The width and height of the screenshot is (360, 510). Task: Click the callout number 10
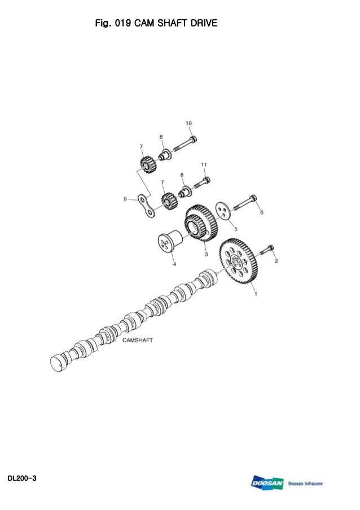click(188, 123)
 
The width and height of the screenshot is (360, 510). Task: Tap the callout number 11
click(204, 164)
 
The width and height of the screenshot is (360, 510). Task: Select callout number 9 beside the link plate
click(125, 198)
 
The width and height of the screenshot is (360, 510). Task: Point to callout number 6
click(261, 212)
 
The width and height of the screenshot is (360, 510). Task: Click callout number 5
click(235, 229)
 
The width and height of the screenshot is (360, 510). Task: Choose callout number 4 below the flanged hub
click(174, 263)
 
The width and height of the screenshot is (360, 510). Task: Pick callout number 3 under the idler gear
click(206, 255)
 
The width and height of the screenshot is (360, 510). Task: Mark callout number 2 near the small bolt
click(276, 260)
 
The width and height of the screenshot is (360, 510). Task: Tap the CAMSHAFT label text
click(138, 341)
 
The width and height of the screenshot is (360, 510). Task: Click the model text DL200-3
click(22, 478)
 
